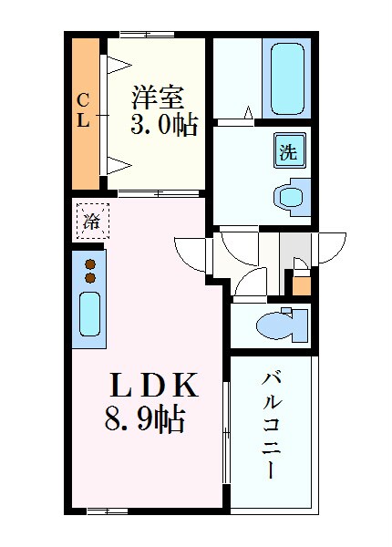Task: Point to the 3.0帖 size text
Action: pyautogui.click(x=164, y=126)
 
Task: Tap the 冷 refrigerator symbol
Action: pyautogui.click(x=91, y=221)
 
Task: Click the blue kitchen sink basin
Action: pyautogui.click(x=89, y=315)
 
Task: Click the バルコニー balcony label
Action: pyautogui.click(x=272, y=425)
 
